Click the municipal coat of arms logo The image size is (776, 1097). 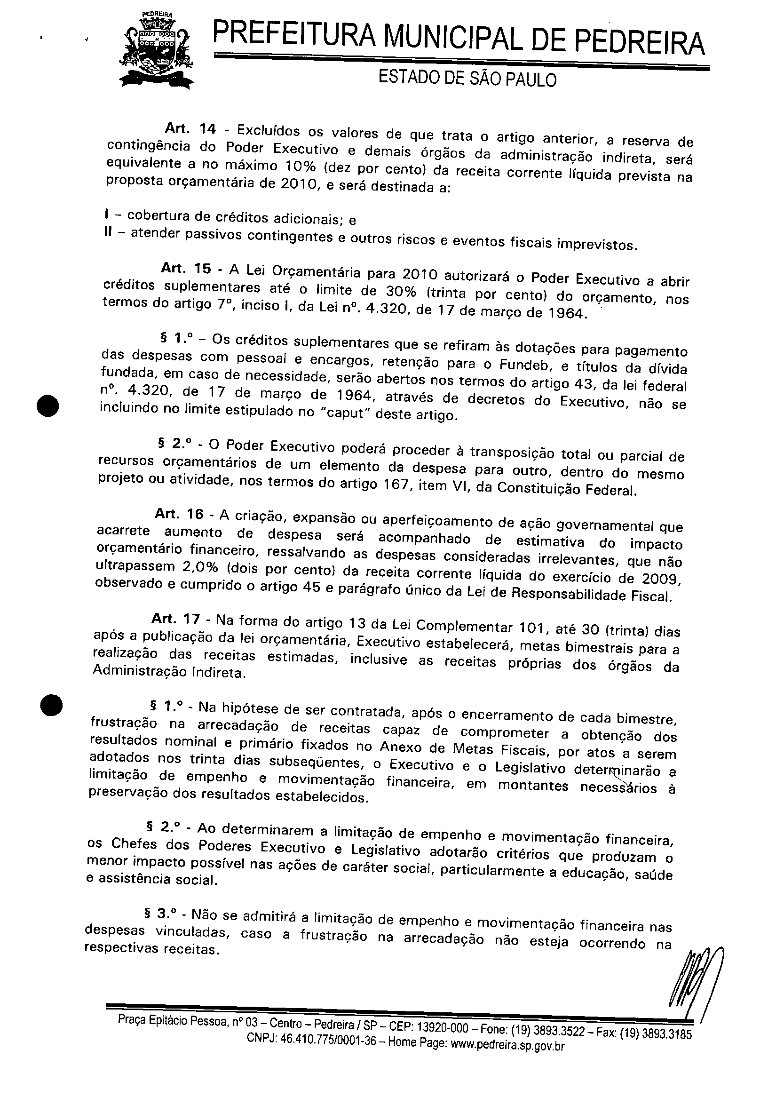point(157,50)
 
